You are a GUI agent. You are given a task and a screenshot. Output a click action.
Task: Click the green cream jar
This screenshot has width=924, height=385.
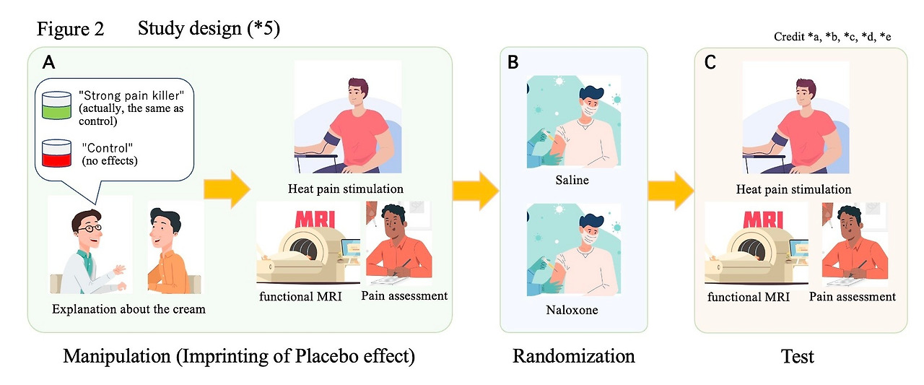click(x=56, y=105)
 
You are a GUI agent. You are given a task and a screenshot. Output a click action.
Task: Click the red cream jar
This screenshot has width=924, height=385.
click(x=56, y=154)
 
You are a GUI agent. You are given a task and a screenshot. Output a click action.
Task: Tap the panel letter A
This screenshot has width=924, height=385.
click(x=48, y=63)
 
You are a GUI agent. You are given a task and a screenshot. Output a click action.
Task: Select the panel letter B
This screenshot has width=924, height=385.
click(x=513, y=62)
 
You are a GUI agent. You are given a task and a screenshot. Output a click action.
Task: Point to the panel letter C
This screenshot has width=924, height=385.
click(x=710, y=63)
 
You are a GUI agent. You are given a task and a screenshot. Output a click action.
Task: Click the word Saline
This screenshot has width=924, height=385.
click(x=572, y=180)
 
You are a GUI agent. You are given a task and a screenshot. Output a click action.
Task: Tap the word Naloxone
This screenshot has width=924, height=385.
click(x=572, y=310)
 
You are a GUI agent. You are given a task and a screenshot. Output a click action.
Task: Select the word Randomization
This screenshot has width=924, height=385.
click(x=573, y=355)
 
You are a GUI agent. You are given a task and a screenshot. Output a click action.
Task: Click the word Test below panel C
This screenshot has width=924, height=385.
click(x=798, y=356)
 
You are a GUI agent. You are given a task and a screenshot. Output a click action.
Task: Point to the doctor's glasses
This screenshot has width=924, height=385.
click(x=90, y=228)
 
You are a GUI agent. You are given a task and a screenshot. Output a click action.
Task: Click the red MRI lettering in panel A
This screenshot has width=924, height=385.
click(x=315, y=219)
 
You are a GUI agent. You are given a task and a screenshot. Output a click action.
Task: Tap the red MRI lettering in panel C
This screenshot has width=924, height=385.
click(x=763, y=219)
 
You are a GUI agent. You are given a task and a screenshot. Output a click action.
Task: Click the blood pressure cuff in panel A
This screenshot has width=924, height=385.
click(x=332, y=139)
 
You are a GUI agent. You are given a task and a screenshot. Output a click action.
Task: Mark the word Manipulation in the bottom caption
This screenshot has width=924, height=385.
click(x=117, y=356)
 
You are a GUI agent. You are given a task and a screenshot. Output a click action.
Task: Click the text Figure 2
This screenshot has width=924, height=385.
click(x=71, y=29)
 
